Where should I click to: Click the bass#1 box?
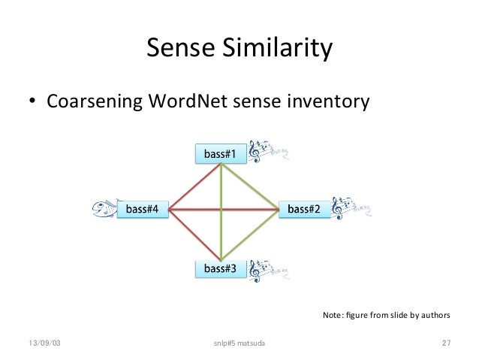[x=220, y=154]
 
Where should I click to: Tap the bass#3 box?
[x=220, y=268]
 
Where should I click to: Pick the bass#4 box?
[x=142, y=209]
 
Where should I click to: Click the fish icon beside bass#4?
[x=104, y=210]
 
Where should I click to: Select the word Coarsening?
[x=89, y=99]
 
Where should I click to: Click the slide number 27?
[x=446, y=343]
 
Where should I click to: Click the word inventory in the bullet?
[x=330, y=99]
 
